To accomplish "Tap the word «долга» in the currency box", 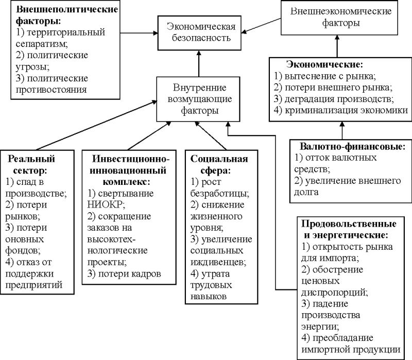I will click(306, 192).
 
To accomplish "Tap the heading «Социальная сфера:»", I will click(212, 164).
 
